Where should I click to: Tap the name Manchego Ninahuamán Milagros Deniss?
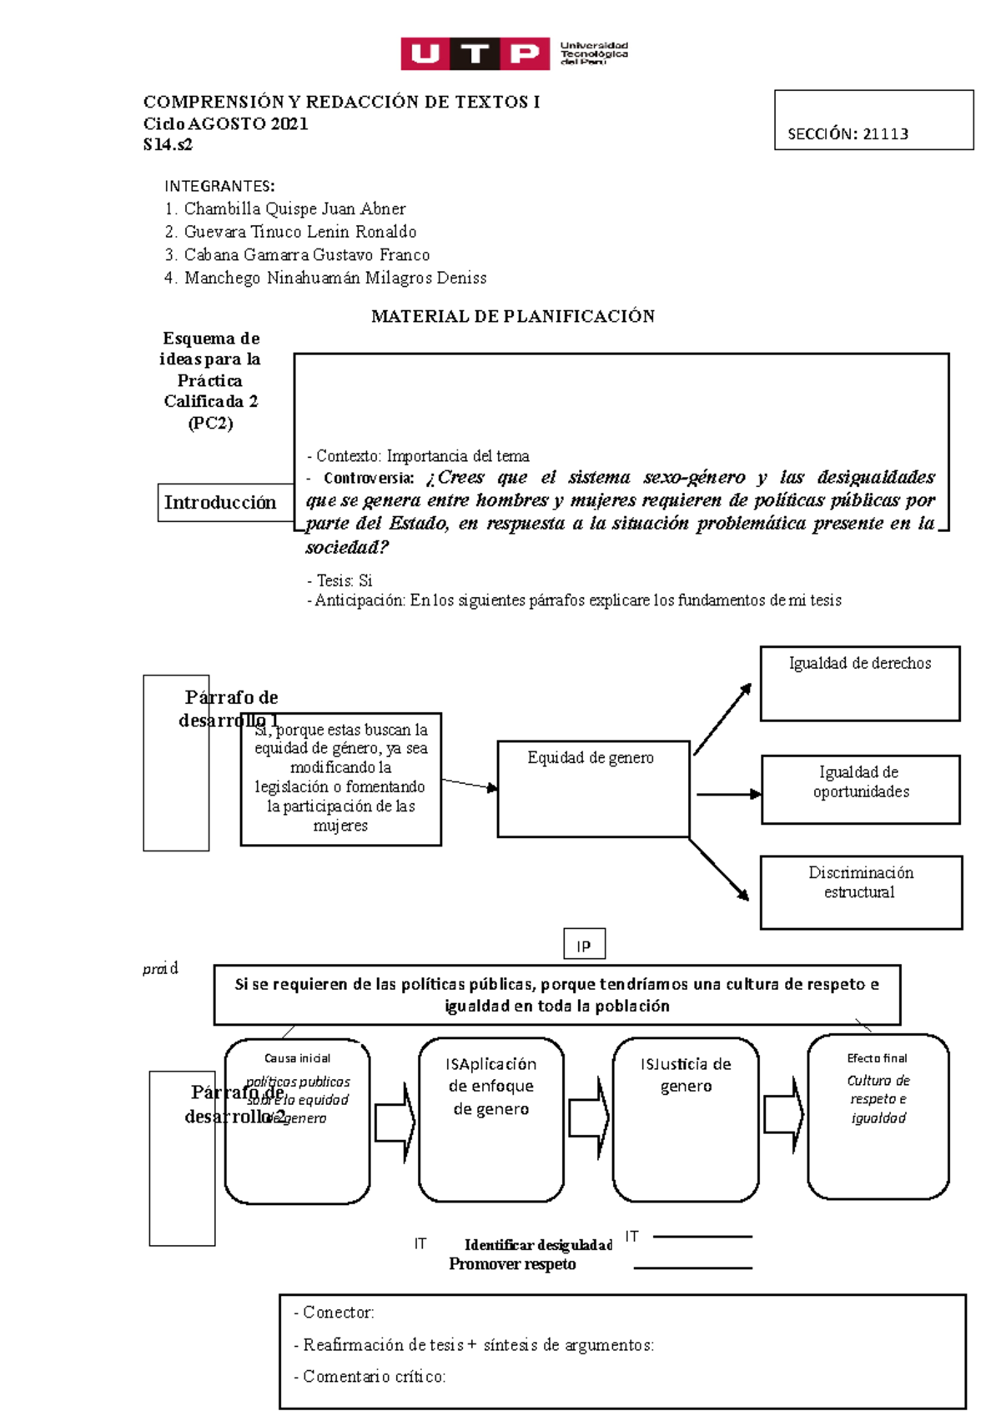coord(335,278)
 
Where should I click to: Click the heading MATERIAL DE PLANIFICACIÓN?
coord(512,316)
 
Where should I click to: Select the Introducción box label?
coord(220,502)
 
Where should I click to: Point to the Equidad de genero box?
coord(593,788)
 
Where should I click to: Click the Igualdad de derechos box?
coord(859,683)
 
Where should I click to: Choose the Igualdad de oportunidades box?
coord(860,789)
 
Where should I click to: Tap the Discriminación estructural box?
coord(860,891)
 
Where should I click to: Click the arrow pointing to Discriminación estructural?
coord(719,870)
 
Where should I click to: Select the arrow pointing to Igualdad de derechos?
coord(722,719)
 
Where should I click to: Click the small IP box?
coord(584,945)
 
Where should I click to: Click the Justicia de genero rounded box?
coord(685,1119)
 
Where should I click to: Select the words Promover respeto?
coord(512,1264)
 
